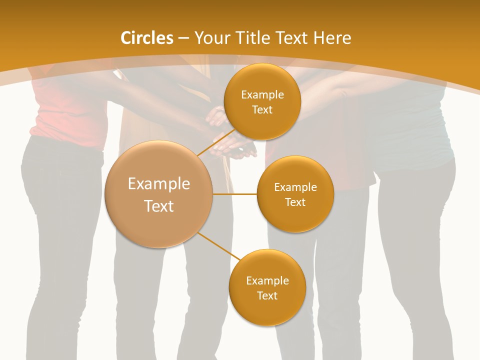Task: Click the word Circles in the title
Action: click(x=146, y=38)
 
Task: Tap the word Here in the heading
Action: click(x=332, y=38)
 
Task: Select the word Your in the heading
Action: click(x=212, y=38)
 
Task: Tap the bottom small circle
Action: click(x=267, y=310)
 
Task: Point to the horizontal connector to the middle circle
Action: click(x=235, y=194)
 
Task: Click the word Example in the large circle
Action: click(x=158, y=184)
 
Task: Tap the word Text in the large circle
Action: click(x=158, y=206)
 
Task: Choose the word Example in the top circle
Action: click(x=262, y=95)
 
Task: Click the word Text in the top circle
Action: click(x=262, y=110)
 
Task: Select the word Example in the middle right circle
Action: click(x=295, y=187)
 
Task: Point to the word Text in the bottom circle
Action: click(x=267, y=296)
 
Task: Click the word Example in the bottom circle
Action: click(x=267, y=281)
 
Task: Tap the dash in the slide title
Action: click(x=183, y=38)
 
